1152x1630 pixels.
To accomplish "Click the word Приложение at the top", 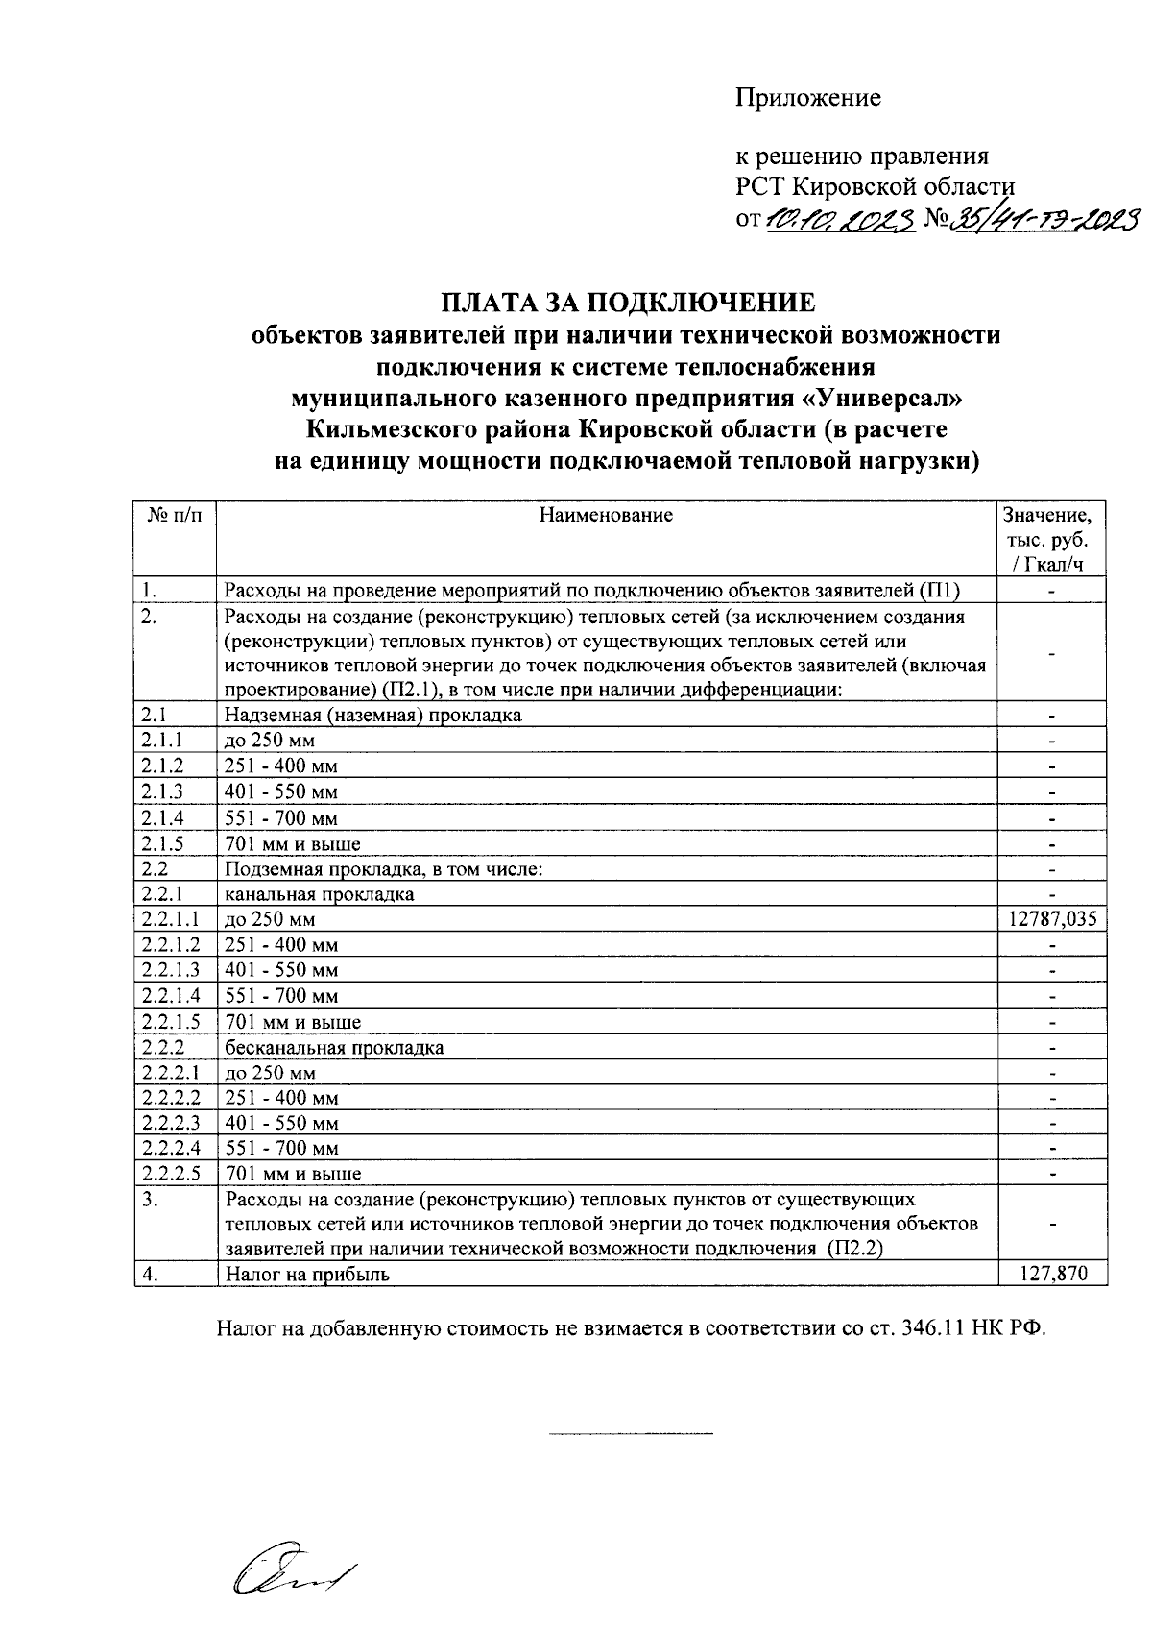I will click(x=807, y=98).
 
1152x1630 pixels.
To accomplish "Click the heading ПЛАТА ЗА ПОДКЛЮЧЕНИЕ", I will click(x=628, y=304).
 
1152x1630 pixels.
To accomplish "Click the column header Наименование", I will click(x=606, y=515).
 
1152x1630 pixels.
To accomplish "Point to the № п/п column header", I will click(x=176, y=515).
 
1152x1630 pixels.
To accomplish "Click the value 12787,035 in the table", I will click(x=1052, y=919).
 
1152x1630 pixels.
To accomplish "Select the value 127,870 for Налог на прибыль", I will click(x=1053, y=1274).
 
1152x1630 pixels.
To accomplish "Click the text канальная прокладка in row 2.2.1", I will click(x=320, y=894).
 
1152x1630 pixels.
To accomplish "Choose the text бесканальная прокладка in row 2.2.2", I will click(x=334, y=1047).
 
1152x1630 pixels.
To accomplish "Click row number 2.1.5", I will click(x=161, y=844).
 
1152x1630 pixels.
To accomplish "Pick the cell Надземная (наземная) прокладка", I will click(x=373, y=716).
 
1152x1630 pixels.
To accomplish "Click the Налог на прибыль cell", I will click(x=308, y=1275).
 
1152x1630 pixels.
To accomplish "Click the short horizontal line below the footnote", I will click(x=631, y=1434).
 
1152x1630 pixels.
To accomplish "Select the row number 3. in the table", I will click(x=149, y=1200).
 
